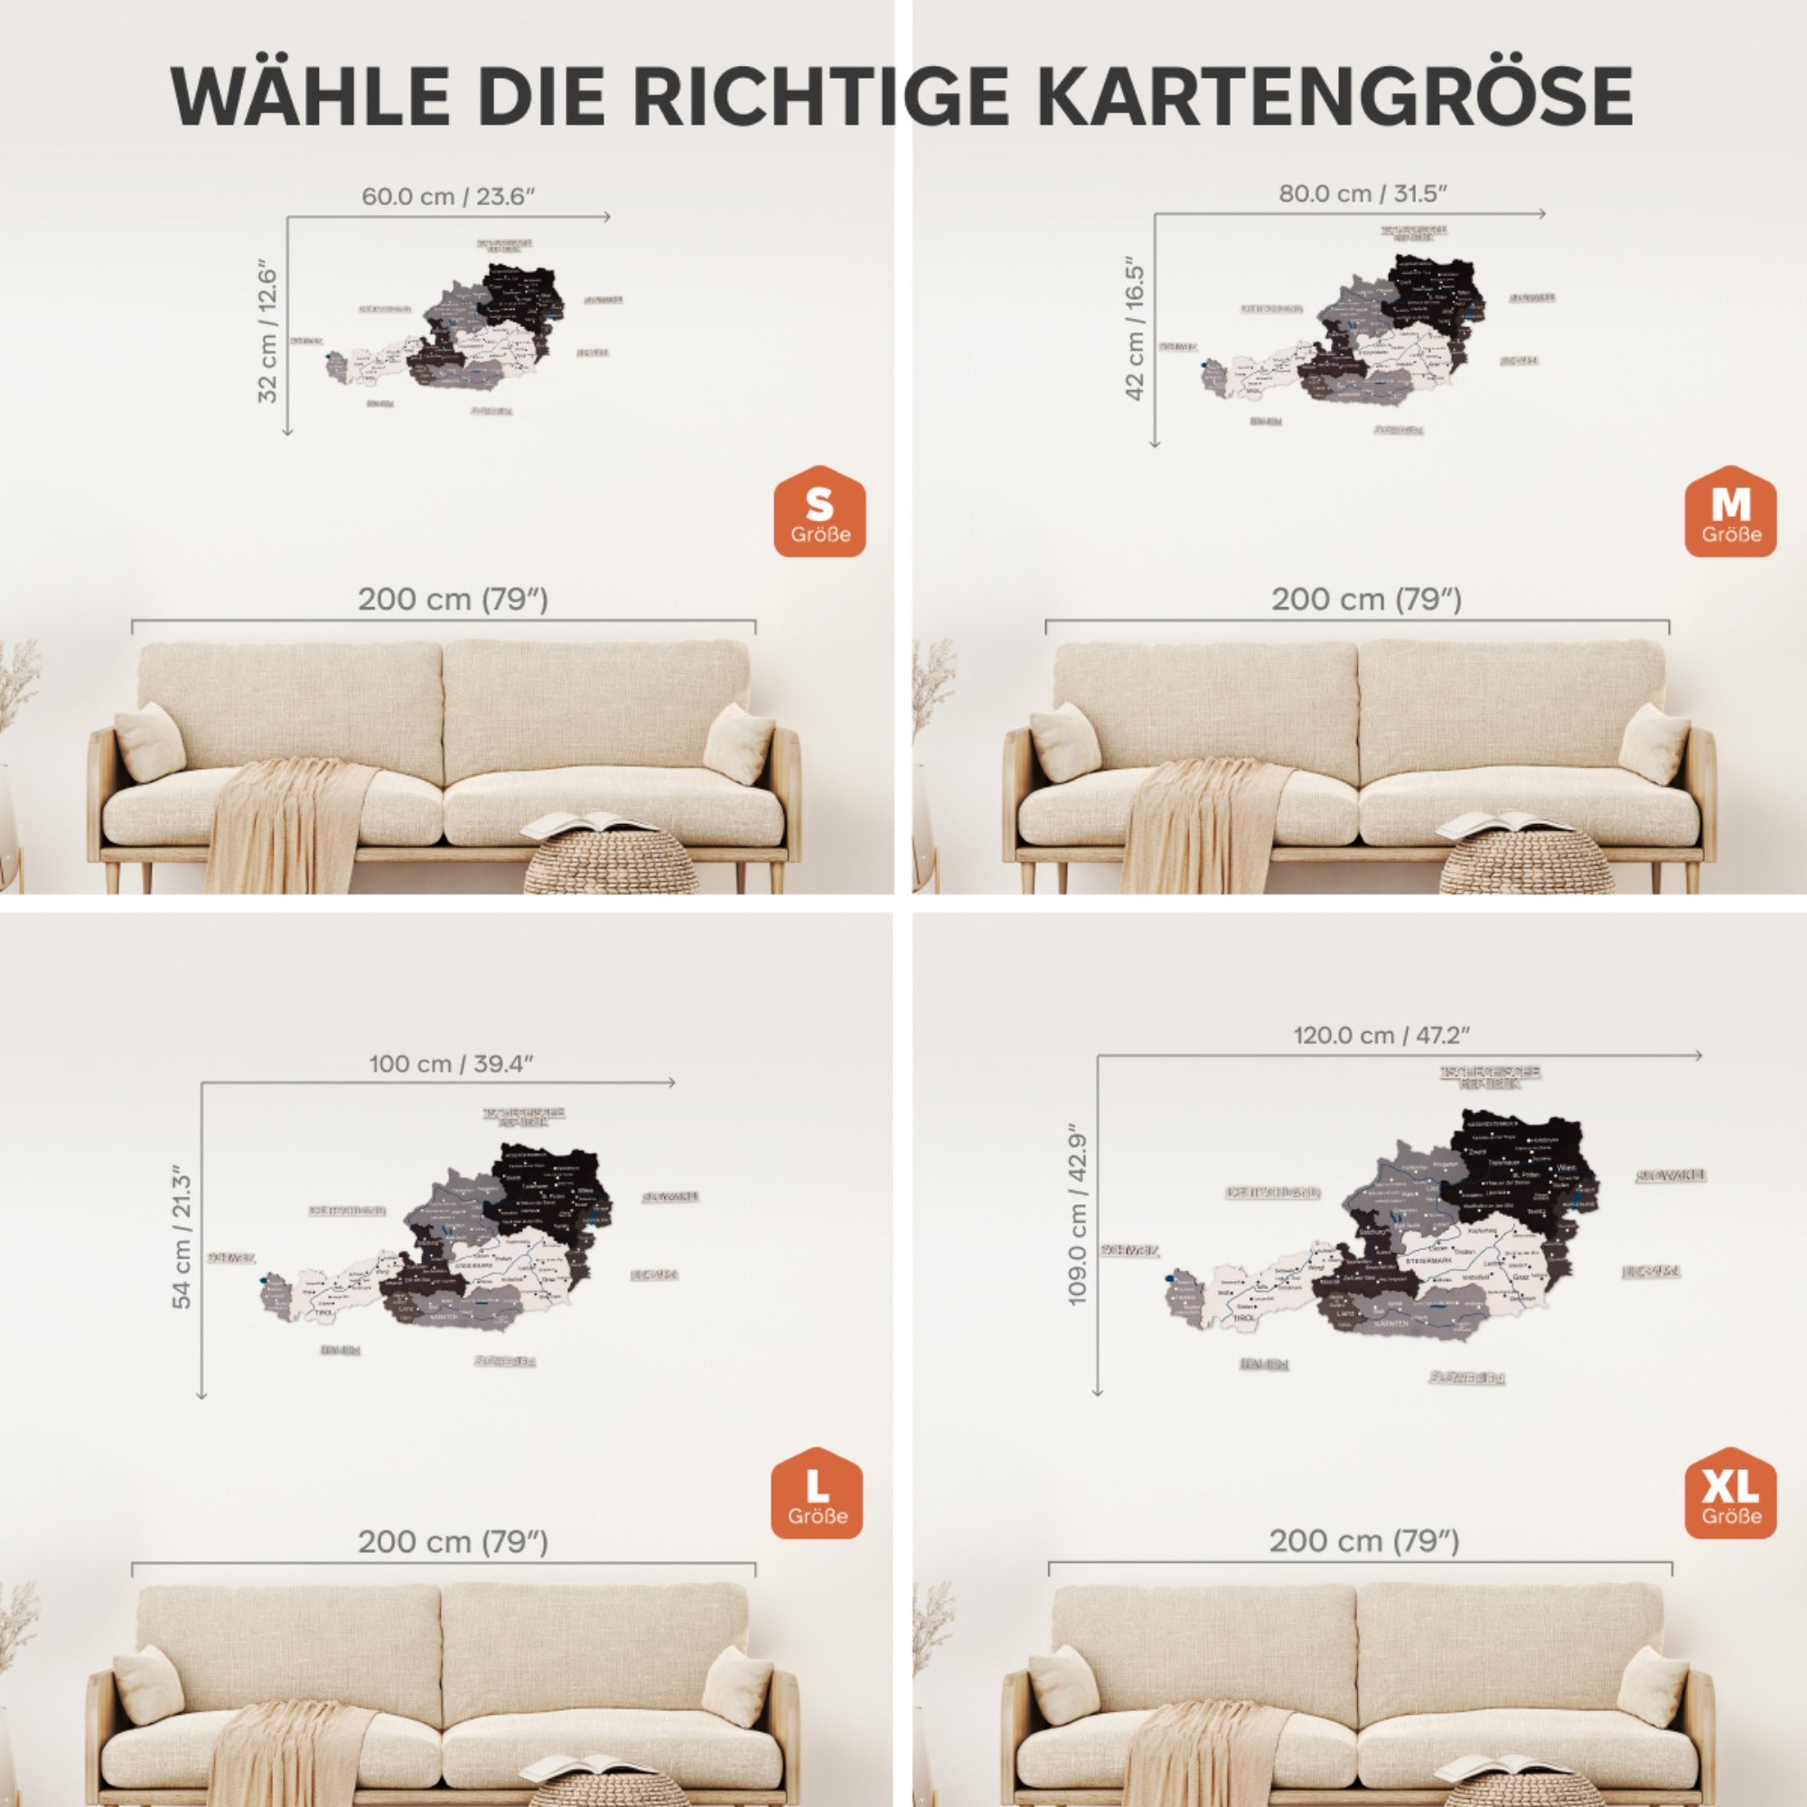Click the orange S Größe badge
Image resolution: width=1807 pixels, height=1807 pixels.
point(819,512)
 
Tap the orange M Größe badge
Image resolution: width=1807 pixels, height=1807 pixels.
point(1730,512)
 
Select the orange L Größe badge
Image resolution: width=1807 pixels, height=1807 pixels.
point(817,1493)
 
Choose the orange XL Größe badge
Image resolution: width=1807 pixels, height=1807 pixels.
point(1730,1493)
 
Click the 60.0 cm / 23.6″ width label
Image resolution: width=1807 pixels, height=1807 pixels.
point(448,197)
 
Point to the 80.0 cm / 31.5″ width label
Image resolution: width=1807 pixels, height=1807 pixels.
point(1362,193)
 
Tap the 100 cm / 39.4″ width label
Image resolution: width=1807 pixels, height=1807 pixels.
point(451,1063)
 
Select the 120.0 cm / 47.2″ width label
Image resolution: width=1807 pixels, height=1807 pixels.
point(1381,1035)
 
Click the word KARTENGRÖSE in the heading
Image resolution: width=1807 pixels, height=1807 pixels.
point(1334,97)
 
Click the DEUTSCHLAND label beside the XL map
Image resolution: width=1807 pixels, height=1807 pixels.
point(1273,1193)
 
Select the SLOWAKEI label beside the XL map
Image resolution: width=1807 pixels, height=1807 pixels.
point(1671,1175)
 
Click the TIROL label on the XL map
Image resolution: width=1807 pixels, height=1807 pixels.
point(1245,1318)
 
